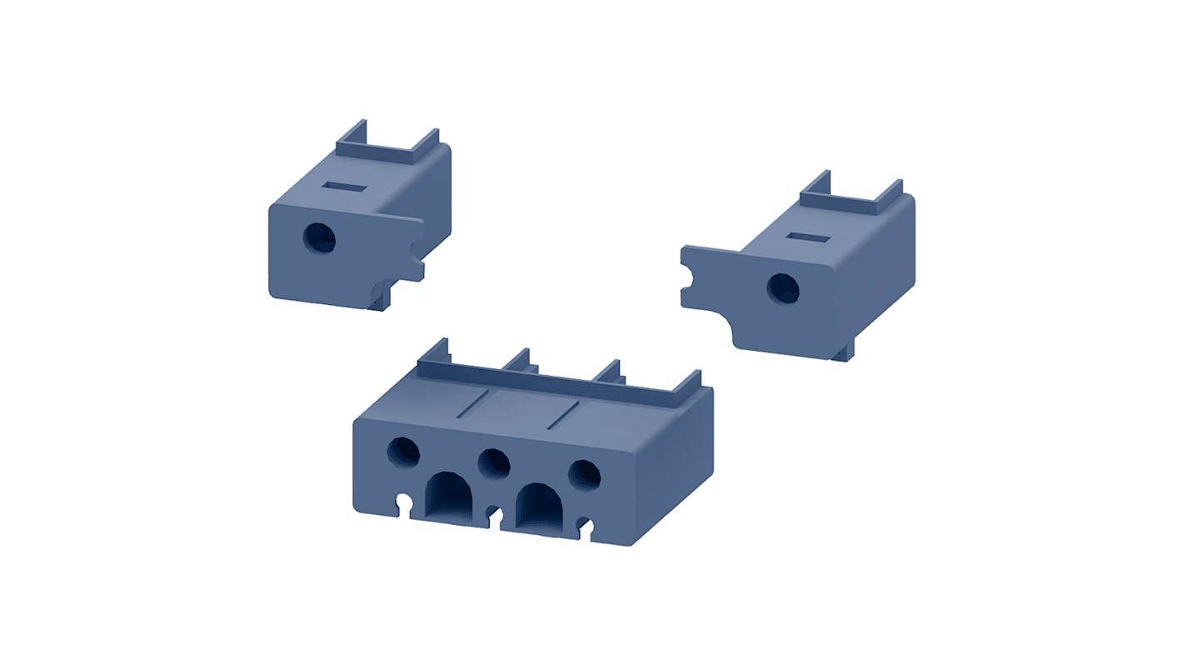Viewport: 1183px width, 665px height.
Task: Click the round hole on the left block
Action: click(319, 239)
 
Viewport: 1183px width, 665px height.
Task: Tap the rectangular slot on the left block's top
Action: click(341, 187)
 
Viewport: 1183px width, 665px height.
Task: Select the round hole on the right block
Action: click(782, 288)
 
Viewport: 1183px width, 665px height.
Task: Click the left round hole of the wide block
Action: click(404, 452)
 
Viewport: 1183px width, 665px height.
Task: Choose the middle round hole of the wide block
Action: click(494, 463)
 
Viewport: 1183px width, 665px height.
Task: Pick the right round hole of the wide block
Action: click(584, 474)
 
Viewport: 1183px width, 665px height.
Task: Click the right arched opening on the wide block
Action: click(539, 506)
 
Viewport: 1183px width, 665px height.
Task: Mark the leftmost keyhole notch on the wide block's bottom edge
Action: click(405, 503)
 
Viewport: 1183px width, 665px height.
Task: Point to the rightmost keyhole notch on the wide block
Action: click(587, 526)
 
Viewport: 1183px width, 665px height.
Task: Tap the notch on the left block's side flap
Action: click(417, 249)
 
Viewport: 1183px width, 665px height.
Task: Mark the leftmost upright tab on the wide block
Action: click(434, 353)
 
